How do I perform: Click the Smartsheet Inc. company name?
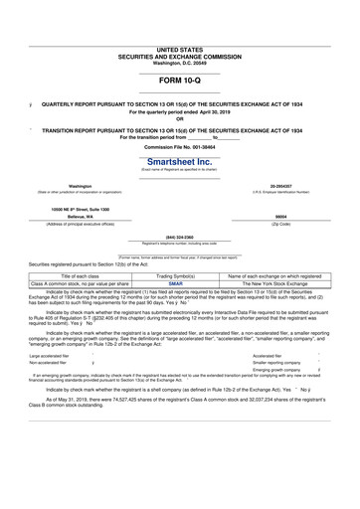tap(179, 161)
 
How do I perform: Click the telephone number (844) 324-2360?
tap(179, 237)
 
